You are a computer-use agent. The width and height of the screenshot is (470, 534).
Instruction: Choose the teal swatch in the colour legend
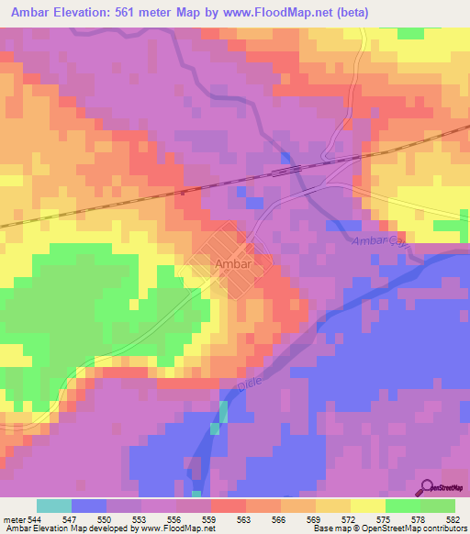(54, 506)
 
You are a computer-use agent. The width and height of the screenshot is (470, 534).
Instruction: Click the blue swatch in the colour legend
(89, 506)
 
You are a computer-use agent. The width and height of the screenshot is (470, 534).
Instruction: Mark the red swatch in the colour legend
(229, 506)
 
